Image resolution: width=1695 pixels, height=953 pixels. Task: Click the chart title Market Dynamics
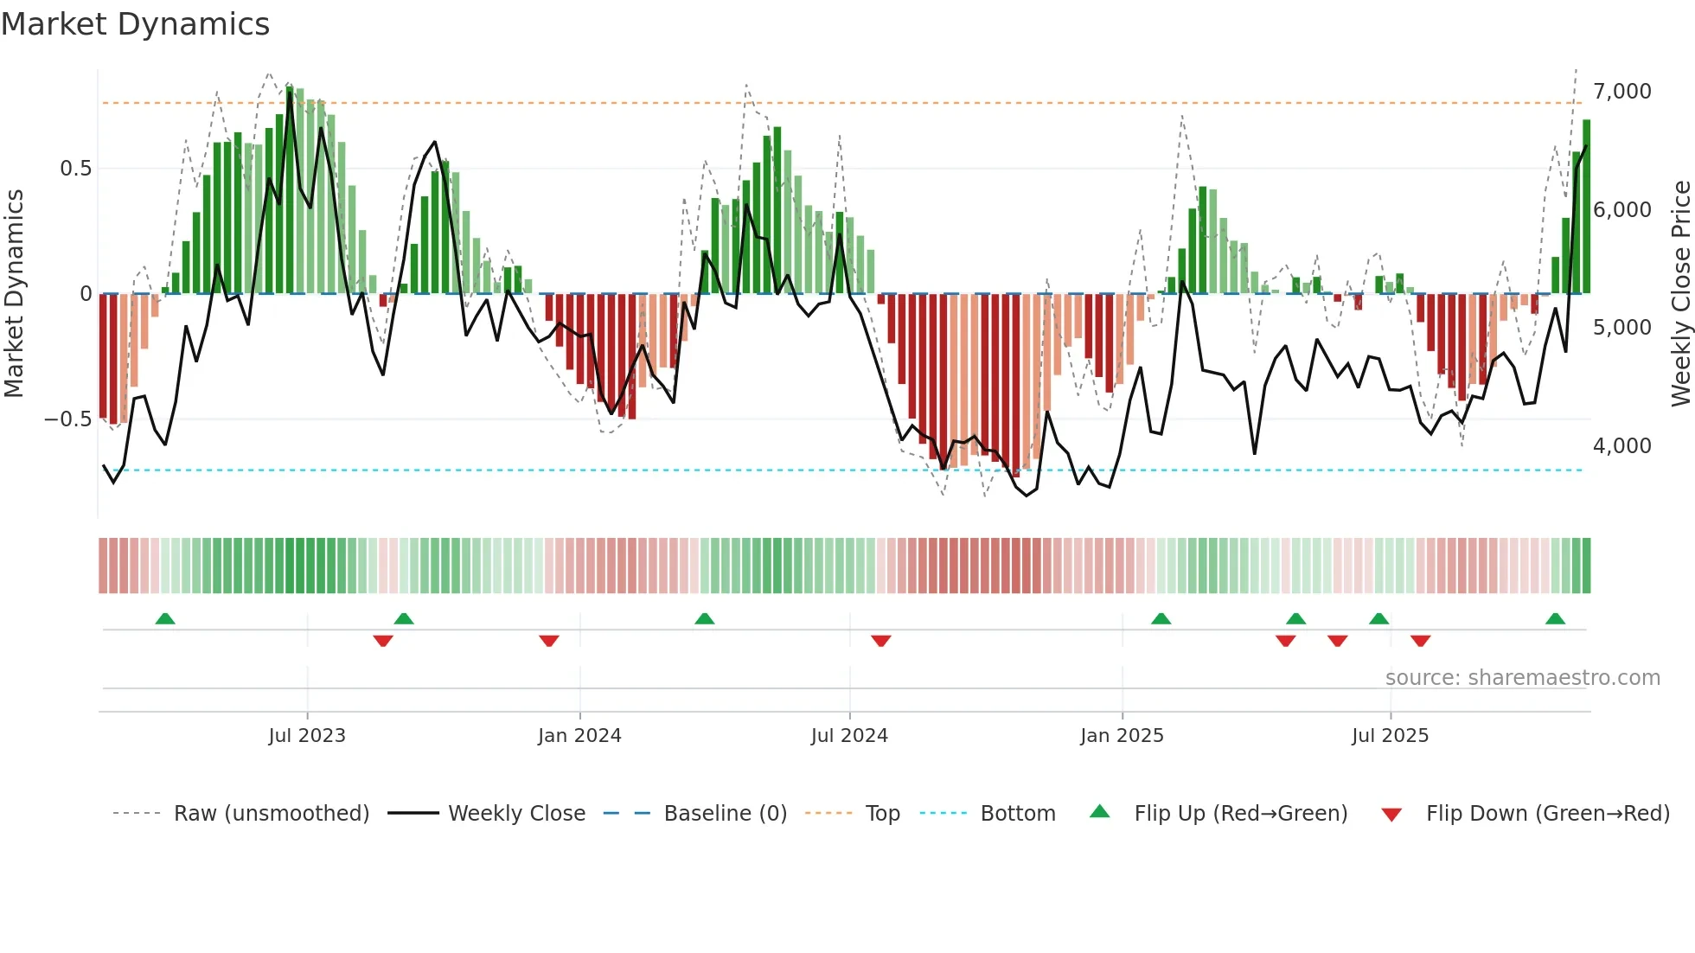136,24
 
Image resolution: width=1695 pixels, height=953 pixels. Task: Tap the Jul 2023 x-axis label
306,735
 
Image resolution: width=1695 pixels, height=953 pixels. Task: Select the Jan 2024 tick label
579,735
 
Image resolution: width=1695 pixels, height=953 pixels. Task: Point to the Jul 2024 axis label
848,735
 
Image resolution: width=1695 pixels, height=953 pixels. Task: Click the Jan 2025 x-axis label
1121,735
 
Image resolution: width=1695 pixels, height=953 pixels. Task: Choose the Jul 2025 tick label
1390,735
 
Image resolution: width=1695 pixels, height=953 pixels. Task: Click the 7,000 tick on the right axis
1621,91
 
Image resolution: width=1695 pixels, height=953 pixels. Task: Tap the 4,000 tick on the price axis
1621,445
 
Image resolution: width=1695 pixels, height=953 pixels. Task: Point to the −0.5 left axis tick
67,419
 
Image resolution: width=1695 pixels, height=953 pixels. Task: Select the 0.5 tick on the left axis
75,168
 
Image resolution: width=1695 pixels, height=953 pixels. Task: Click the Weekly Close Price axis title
1680,294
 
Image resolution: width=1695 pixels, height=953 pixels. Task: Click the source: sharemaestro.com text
1522,677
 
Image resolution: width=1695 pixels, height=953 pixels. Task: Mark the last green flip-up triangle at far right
1555,618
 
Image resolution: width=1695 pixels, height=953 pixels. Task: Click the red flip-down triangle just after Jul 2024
880,640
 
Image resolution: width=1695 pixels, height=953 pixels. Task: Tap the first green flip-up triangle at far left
165,618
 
